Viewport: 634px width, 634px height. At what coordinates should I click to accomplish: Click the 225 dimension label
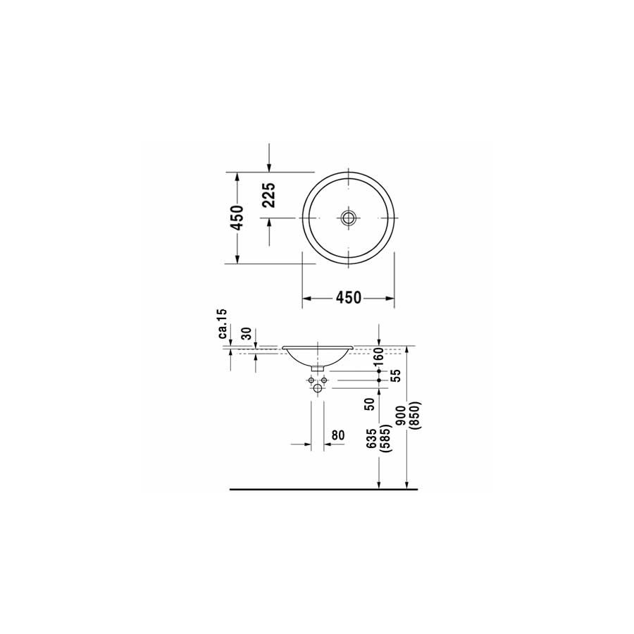pyautogui.click(x=270, y=195)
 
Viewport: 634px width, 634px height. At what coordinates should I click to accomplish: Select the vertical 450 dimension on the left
pyautogui.click(x=237, y=218)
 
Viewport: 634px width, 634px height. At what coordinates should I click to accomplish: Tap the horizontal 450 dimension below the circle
pyautogui.click(x=349, y=298)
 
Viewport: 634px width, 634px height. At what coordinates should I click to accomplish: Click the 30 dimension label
pyautogui.click(x=247, y=334)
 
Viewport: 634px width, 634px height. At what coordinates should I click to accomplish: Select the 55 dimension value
pyautogui.click(x=396, y=375)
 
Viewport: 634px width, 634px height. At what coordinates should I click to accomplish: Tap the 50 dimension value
pyautogui.click(x=370, y=404)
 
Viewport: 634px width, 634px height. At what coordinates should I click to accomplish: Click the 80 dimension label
pyautogui.click(x=338, y=435)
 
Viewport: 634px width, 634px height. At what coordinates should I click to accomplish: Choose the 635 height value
pyautogui.click(x=371, y=438)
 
